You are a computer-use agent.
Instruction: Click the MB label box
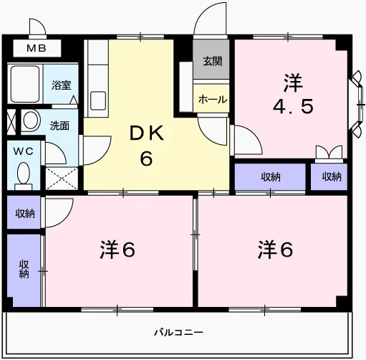click(x=37, y=49)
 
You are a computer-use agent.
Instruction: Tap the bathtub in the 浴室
click(x=25, y=83)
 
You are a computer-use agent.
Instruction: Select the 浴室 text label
click(x=62, y=85)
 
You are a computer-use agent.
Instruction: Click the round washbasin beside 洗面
click(x=31, y=120)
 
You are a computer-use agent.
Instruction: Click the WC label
click(x=23, y=151)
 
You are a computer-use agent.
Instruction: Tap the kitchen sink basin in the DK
click(x=98, y=100)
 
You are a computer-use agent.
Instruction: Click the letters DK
click(x=146, y=133)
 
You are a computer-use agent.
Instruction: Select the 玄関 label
click(x=213, y=61)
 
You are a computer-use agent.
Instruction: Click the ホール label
click(x=213, y=99)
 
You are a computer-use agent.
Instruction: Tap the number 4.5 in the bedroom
click(x=293, y=107)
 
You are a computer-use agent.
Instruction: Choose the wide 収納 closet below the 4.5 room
click(x=270, y=177)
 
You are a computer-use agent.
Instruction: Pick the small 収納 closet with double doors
click(x=329, y=176)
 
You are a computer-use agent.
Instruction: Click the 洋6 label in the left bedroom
click(x=117, y=250)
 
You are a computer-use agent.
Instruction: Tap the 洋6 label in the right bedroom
click(x=275, y=250)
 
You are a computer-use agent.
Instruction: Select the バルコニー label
click(x=178, y=332)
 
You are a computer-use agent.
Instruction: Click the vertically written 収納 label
click(x=24, y=269)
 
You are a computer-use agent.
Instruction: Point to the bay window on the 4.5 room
click(x=357, y=105)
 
